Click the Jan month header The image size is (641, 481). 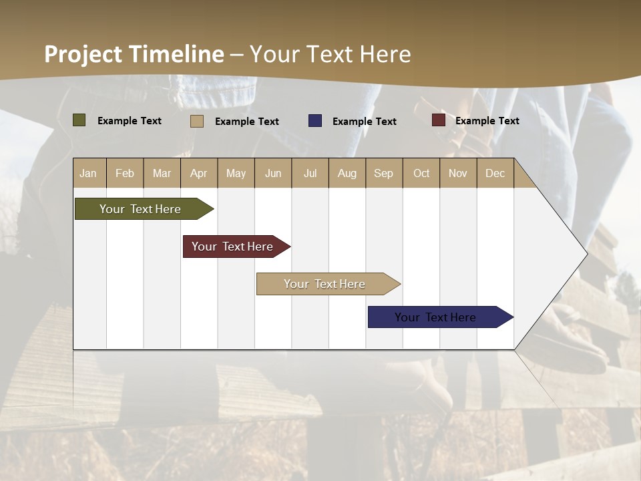[x=89, y=173]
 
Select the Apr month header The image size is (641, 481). [x=199, y=173]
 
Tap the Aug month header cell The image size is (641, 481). [x=347, y=173]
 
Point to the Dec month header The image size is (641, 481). [x=495, y=173]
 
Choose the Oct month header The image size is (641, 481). [x=421, y=173]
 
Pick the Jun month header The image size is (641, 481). [x=273, y=173]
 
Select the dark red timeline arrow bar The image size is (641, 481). [x=234, y=247]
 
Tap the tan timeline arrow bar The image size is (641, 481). [x=326, y=284]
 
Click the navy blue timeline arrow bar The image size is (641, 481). [x=437, y=317]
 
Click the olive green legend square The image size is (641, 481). [x=79, y=120]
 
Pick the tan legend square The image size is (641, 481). [x=197, y=121]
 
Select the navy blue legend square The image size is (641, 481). [x=315, y=121]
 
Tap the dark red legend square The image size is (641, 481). [x=439, y=120]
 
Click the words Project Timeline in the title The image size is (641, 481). [x=134, y=54]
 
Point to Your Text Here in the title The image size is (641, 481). [x=331, y=54]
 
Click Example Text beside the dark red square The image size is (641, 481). [x=487, y=121]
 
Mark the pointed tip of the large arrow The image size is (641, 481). [x=586, y=253]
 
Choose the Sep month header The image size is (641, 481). [x=383, y=173]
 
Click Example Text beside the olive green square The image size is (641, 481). [x=130, y=121]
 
